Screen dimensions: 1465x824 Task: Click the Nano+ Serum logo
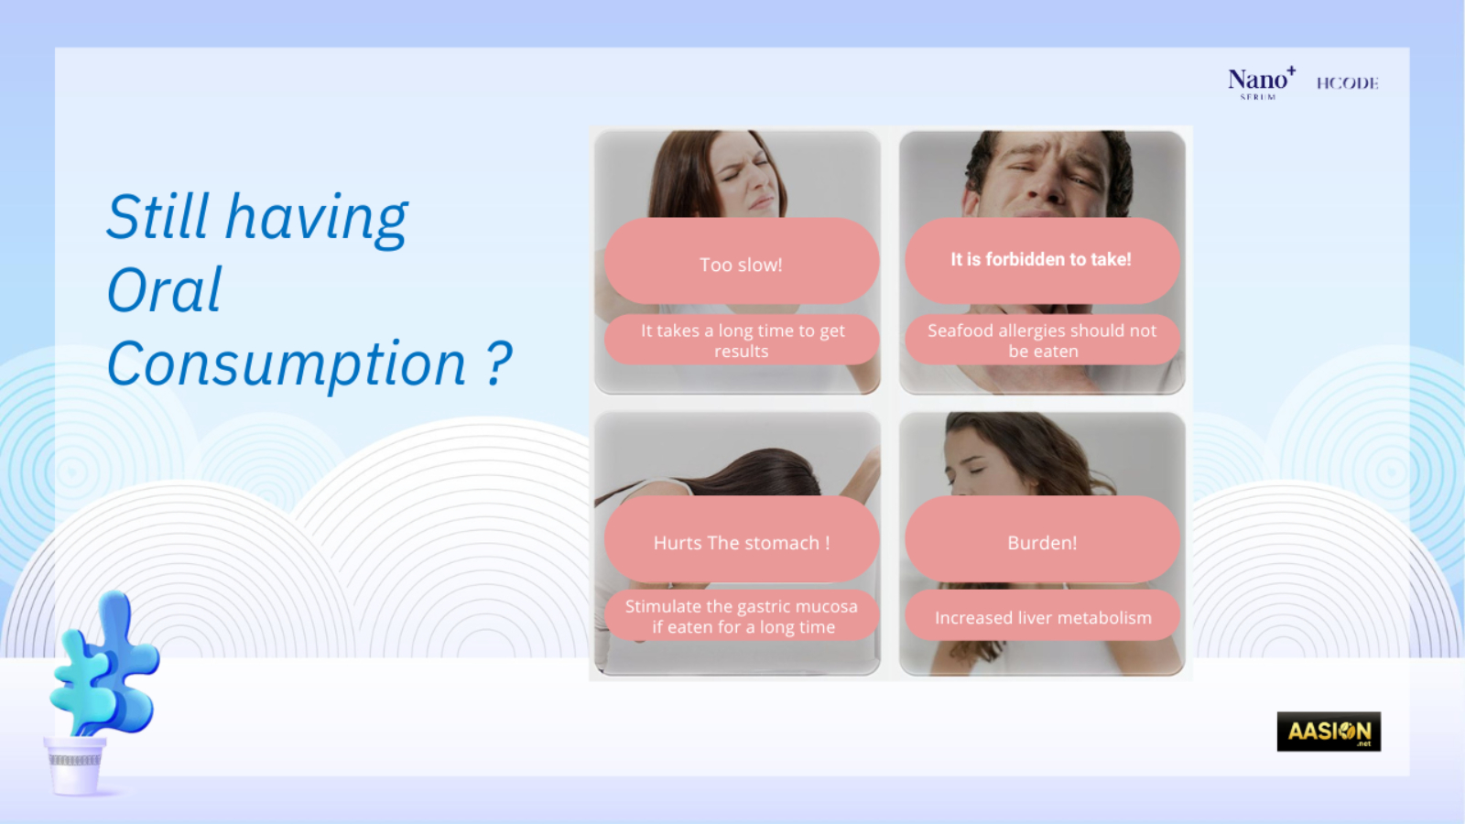(1261, 83)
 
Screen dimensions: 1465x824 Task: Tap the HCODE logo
(1347, 83)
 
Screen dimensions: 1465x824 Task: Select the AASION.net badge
(1329, 732)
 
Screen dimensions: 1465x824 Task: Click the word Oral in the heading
(164, 289)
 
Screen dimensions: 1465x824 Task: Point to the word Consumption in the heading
(287, 364)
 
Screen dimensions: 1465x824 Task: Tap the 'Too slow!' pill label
(741, 265)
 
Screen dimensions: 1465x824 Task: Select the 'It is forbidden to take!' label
(1041, 260)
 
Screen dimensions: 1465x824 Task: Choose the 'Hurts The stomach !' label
(741, 542)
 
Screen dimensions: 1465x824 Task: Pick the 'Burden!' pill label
(1042, 542)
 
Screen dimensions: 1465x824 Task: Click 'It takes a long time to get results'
(741, 340)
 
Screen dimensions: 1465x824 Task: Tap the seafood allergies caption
(1042, 340)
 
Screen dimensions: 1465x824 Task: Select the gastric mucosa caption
(741, 616)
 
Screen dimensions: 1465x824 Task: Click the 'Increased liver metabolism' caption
(1043, 617)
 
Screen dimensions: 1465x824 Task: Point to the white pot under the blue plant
(74, 765)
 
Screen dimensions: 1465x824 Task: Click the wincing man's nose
(1051, 187)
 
